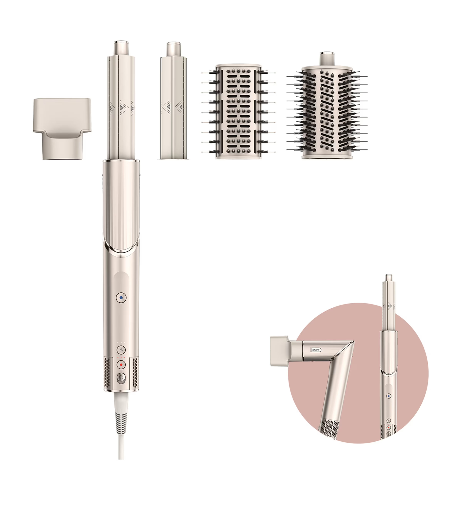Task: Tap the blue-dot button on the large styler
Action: point(121,298)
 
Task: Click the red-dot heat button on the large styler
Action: point(121,365)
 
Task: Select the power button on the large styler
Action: point(121,378)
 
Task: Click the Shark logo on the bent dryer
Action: point(315,350)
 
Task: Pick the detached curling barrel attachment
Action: point(173,108)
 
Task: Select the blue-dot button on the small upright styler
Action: point(388,396)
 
